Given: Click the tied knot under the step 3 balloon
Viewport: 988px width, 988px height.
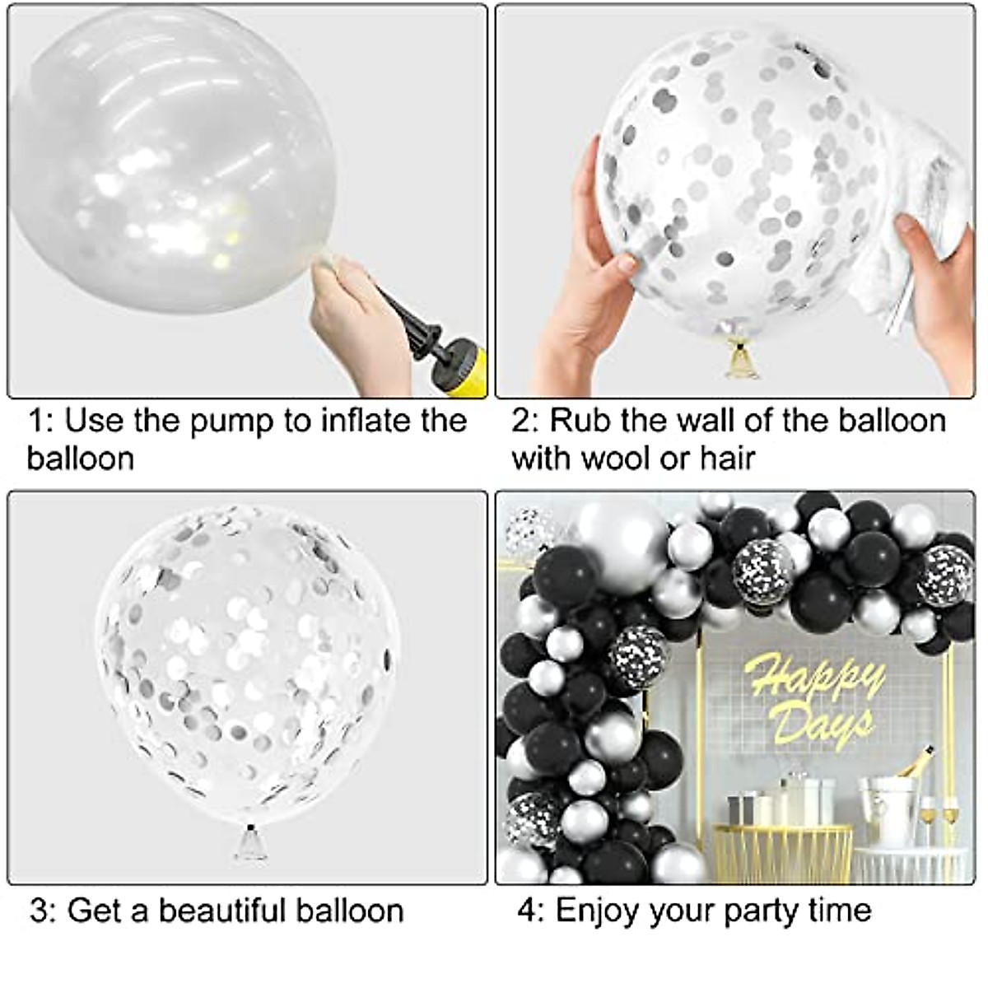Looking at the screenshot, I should tap(250, 842).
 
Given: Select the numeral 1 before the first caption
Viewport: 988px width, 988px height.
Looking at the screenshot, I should tap(36, 421).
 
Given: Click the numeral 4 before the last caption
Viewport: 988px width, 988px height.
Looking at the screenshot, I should tap(527, 911).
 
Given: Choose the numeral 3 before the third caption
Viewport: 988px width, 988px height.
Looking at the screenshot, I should tap(40, 911).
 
